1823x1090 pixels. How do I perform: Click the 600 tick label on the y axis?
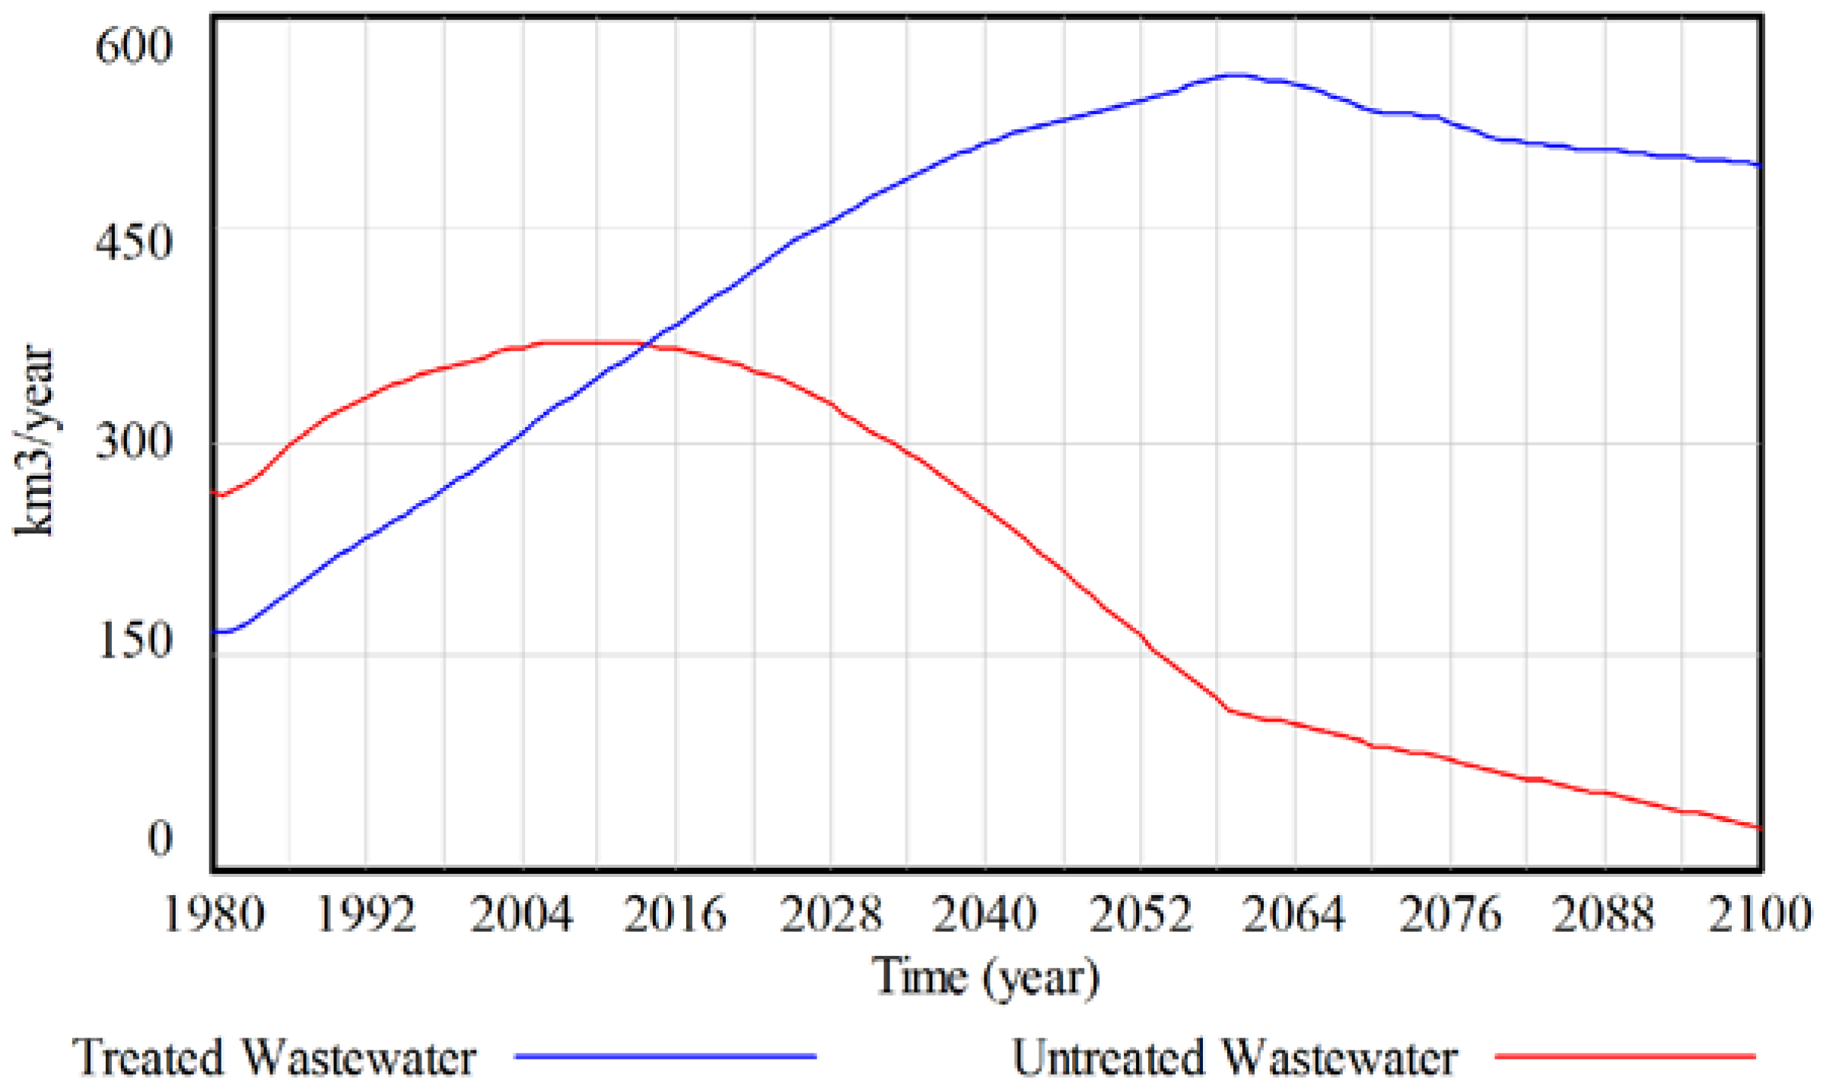click(x=134, y=46)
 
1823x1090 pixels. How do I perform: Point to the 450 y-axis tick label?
click(x=134, y=243)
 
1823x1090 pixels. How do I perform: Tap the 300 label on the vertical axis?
click(x=134, y=441)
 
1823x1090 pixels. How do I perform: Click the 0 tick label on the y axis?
click(x=160, y=838)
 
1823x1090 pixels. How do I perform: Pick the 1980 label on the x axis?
click(x=214, y=913)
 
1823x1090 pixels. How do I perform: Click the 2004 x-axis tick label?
click(x=522, y=913)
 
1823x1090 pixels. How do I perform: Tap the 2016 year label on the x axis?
click(x=676, y=913)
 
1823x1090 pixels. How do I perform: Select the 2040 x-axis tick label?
click(x=985, y=913)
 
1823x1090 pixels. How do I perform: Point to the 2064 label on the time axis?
click(x=1293, y=913)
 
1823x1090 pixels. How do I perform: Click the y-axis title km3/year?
click(x=34, y=441)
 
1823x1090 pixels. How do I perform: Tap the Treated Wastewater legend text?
click(x=274, y=1057)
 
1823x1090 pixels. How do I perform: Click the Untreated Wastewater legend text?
click(x=1234, y=1057)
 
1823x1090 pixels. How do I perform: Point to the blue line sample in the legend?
click(x=665, y=1057)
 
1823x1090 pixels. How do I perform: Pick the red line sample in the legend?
click(x=1625, y=1057)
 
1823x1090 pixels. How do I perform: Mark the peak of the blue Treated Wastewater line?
click(x=1234, y=75)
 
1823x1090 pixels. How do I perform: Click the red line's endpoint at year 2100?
click(x=1759, y=827)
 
